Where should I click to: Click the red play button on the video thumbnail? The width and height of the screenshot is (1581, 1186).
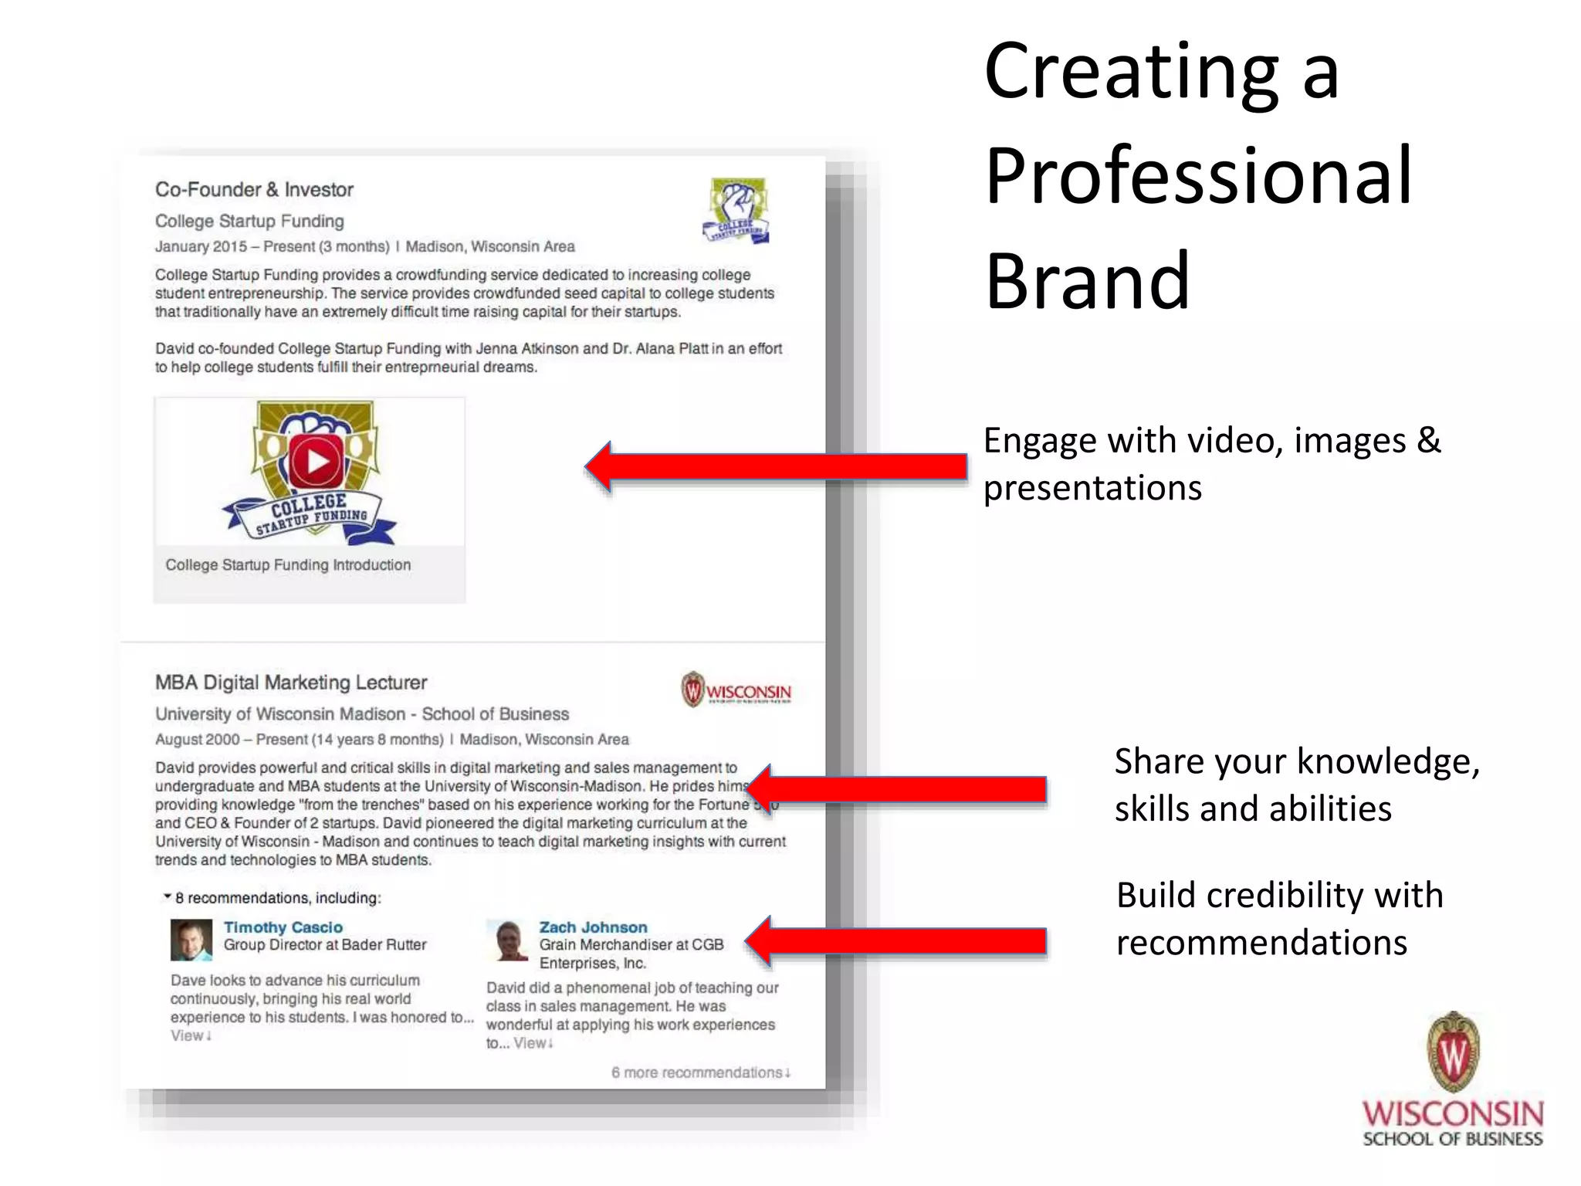point(317,461)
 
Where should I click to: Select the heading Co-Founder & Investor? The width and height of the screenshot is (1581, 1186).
point(254,190)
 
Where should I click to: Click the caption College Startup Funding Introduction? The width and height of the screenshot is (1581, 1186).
point(288,565)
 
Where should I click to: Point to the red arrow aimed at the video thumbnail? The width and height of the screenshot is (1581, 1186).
point(776,466)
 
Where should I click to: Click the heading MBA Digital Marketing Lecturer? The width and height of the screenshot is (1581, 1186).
point(290,683)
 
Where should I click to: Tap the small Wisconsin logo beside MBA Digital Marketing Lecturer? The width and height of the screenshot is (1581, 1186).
point(736,690)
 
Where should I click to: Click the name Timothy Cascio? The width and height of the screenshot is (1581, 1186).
point(283,927)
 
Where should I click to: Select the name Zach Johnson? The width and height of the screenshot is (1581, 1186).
point(593,927)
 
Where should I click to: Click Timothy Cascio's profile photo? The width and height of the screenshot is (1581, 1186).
point(191,940)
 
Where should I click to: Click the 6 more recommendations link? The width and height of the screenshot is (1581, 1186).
point(700,1072)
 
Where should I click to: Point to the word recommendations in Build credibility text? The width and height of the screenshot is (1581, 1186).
point(1261,944)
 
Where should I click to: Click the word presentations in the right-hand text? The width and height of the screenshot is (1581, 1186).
point(1092,489)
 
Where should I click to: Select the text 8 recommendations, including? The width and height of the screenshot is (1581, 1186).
point(277,898)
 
